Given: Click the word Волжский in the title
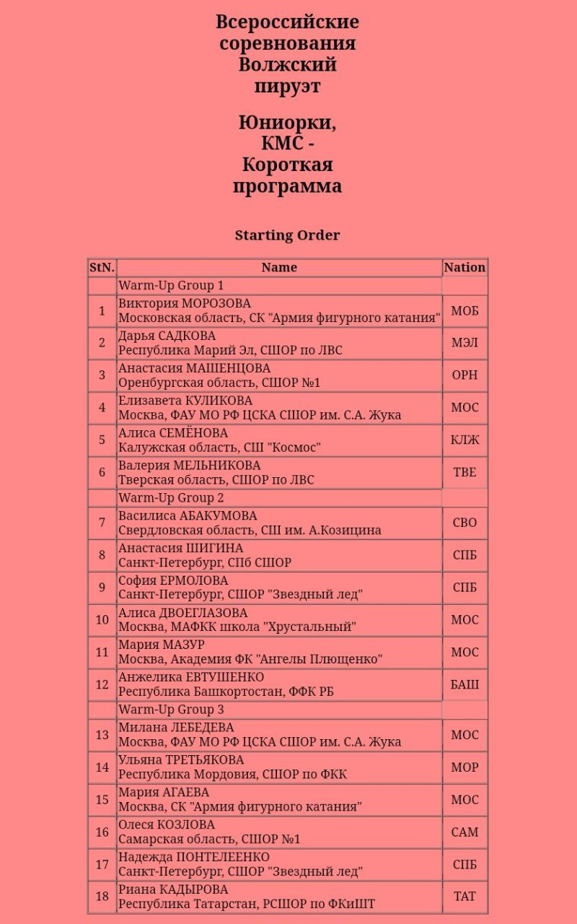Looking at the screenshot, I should tap(287, 65).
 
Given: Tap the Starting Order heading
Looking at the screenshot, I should tap(287, 235).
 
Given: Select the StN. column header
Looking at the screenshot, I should tap(102, 268).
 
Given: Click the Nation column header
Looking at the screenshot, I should tap(464, 268).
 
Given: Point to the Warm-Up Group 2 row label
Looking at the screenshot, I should tap(171, 498).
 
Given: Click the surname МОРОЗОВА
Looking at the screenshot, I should tap(216, 304).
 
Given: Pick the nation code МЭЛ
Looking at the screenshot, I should tap(464, 343).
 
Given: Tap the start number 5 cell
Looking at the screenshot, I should tap(102, 440).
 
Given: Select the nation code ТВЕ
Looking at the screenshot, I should tap(464, 472).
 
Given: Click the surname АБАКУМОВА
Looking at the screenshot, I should tap(218, 516).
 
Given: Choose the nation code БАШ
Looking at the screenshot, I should tap(464, 684).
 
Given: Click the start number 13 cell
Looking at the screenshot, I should tap(102, 735).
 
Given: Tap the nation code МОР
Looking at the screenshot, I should tap(464, 767).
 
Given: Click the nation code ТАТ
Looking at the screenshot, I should tap(464, 897).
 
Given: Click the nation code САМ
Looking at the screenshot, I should tap(464, 832).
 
